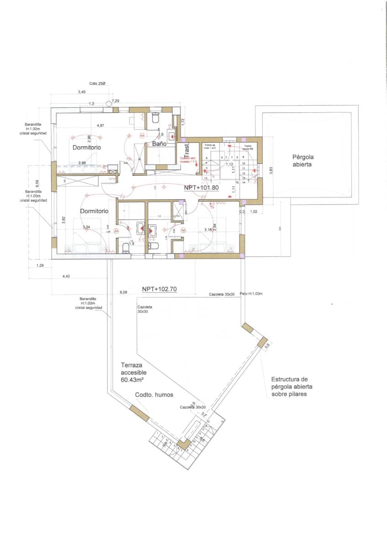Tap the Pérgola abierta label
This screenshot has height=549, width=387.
coord(302,161)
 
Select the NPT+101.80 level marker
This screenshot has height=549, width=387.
coord(201,188)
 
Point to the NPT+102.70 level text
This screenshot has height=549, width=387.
coord(159,289)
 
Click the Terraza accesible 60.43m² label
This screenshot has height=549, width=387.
coord(134,372)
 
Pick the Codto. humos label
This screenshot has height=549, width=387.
coord(154,395)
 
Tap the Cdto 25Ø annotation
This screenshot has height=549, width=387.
coord(97,83)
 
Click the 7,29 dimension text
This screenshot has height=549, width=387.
coord(116,100)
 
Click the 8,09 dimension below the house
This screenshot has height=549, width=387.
coord(123,291)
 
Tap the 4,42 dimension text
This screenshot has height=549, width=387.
coord(66,276)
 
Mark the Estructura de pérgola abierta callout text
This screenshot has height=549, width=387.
coord(290,386)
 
